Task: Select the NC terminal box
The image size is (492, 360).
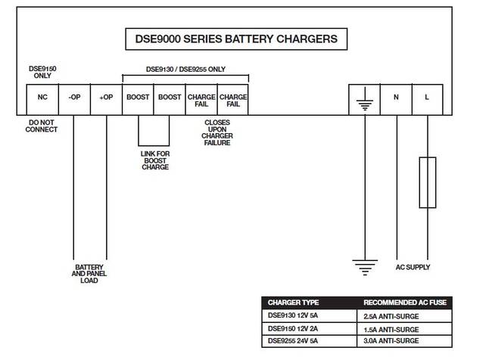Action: coord(42,98)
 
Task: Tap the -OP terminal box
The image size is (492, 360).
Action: coord(73,98)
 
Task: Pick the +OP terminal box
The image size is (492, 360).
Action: coord(106,98)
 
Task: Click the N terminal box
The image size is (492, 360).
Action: coord(396,98)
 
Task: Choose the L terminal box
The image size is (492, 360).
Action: coord(427,98)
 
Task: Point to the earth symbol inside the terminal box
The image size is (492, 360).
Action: coord(364,100)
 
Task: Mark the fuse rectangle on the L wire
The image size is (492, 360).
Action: coord(427,182)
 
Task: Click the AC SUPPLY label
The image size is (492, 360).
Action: coord(413,267)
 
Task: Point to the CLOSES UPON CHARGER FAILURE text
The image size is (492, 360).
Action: coord(218,132)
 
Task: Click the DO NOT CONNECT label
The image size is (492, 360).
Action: coord(42,126)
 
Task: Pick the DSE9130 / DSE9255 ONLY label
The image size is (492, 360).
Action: coord(185,70)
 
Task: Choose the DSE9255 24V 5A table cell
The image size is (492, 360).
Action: coord(296,341)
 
